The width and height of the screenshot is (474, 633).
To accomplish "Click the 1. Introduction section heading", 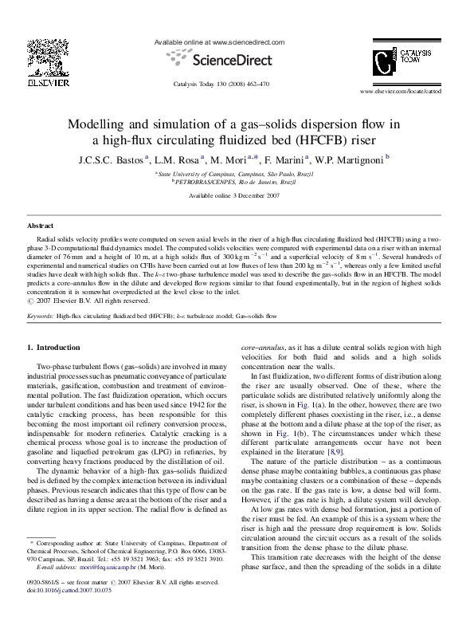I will pyautogui.click(x=54, y=348).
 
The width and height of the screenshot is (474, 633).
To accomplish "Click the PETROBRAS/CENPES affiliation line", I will pyautogui.click(x=236, y=182).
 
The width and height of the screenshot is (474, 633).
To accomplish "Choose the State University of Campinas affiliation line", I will pyautogui.click(x=236, y=172).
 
